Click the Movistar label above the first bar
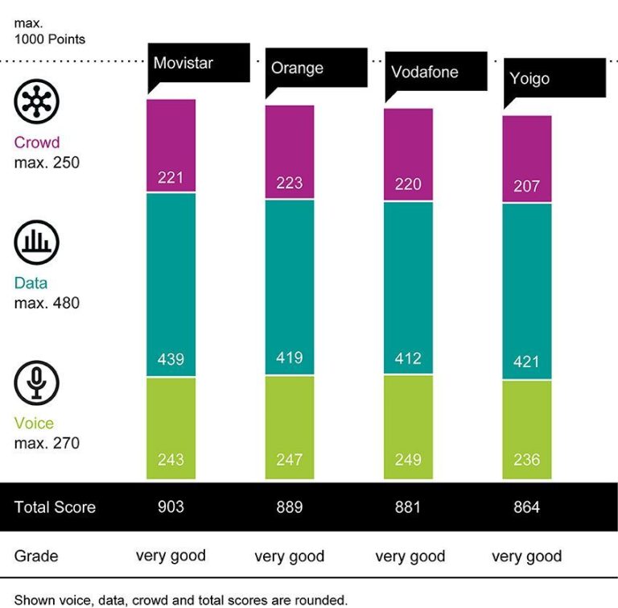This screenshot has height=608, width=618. click(x=184, y=64)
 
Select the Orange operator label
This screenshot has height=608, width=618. click(x=297, y=68)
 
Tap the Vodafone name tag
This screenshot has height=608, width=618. click(x=424, y=72)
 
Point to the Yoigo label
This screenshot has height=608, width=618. click(x=529, y=79)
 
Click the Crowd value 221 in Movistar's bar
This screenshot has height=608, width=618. click(x=171, y=177)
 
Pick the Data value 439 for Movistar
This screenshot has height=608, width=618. click(x=171, y=360)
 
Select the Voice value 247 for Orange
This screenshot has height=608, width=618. click(x=290, y=460)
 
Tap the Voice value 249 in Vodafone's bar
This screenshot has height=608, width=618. click(x=408, y=460)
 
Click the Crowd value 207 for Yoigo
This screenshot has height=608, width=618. click(x=527, y=187)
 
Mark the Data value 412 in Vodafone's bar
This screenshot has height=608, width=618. click(x=408, y=358)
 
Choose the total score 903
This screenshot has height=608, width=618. click(x=171, y=507)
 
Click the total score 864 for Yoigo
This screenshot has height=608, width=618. click(x=527, y=507)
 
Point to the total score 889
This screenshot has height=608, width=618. click(x=290, y=507)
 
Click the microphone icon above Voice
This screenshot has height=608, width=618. click(x=37, y=383)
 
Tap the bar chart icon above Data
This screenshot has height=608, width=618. click(x=37, y=242)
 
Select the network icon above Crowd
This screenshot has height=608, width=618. click(x=37, y=102)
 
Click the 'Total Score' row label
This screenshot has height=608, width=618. click(x=55, y=507)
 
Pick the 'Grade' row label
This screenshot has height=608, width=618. click(x=36, y=556)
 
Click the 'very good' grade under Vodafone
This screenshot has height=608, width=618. click(x=410, y=556)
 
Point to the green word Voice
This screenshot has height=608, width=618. click(x=34, y=424)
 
